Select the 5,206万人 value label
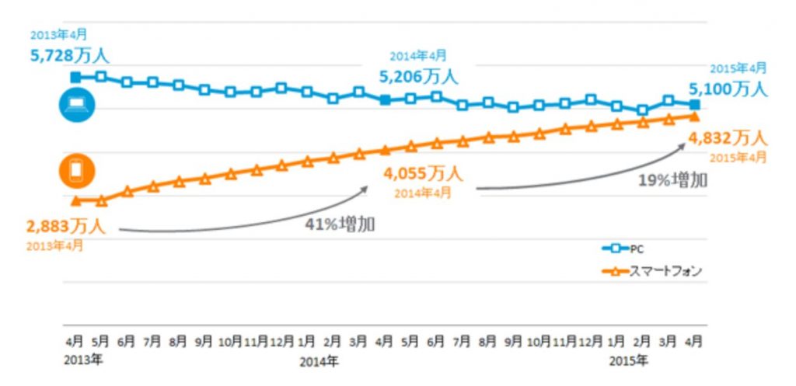(x=418, y=76)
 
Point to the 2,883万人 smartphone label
(x=65, y=227)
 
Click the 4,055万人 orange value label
(x=422, y=173)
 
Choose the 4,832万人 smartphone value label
(x=728, y=139)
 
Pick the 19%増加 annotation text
(x=673, y=180)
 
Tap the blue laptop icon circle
(x=77, y=106)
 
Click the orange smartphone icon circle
(x=77, y=171)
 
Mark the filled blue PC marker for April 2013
(x=75, y=77)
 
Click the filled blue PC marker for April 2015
(x=695, y=104)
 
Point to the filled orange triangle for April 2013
(x=75, y=201)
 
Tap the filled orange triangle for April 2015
(x=695, y=116)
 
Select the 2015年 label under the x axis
(x=627, y=361)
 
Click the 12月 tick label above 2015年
(x=591, y=341)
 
